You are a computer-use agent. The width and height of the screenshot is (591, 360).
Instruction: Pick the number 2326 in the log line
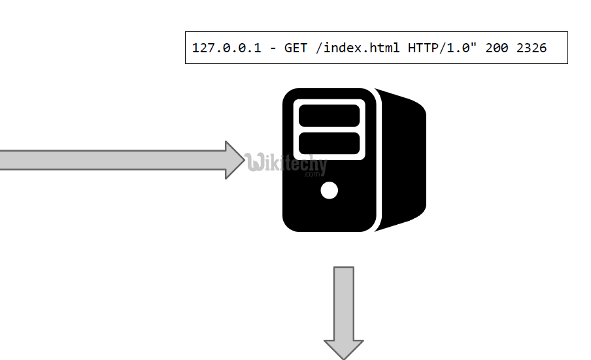click(532, 48)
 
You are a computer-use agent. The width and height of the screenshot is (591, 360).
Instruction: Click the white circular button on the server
click(330, 190)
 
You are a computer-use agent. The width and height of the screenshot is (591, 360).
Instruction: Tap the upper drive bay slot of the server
click(329, 115)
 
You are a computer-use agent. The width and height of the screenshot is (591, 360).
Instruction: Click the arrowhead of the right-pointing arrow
click(235, 160)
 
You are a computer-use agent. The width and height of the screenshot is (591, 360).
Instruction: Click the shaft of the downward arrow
click(344, 301)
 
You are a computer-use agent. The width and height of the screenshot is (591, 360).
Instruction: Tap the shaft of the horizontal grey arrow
click(111, 160)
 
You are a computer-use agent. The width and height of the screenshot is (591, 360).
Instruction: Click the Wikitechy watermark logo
click(288, 163)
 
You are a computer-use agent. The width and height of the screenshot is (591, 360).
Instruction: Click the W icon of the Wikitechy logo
click(256, 162)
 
